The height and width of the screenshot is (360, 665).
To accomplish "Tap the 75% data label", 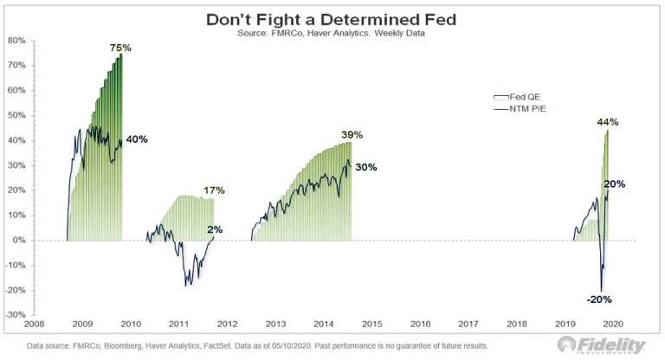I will coord(120,48).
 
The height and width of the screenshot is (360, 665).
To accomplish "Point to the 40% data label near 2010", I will coord(137,139).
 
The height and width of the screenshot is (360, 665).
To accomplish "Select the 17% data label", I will coord(214,190).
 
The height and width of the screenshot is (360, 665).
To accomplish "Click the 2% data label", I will coord(216,230).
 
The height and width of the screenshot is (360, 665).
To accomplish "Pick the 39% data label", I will coord(352,135).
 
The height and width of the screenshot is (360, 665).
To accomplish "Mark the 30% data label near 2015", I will coord(365,168).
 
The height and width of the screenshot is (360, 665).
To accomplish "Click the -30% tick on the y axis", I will coord(16,315).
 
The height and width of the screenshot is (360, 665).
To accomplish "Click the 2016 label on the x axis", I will coord(420,325).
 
